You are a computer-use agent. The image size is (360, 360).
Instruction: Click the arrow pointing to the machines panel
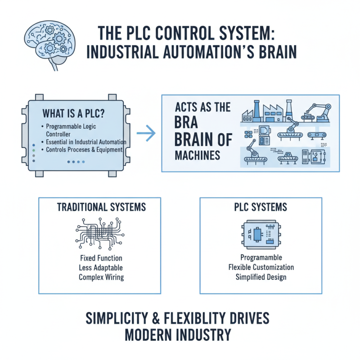point(145,133)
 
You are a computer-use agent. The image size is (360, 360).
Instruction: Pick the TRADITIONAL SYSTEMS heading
point(101,207)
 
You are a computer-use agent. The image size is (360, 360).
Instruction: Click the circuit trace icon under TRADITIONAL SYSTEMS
point(100,233)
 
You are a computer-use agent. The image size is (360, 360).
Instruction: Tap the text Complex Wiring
point(101,277)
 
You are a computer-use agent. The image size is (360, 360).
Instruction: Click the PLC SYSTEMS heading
point(261,207)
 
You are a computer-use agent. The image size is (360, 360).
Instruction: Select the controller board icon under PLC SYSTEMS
point(261,234)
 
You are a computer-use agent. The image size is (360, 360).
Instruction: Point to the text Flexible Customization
point(261,267)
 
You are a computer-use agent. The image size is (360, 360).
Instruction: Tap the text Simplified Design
point(261,277)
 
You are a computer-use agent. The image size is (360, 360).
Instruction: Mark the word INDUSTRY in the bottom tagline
point(205,336)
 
